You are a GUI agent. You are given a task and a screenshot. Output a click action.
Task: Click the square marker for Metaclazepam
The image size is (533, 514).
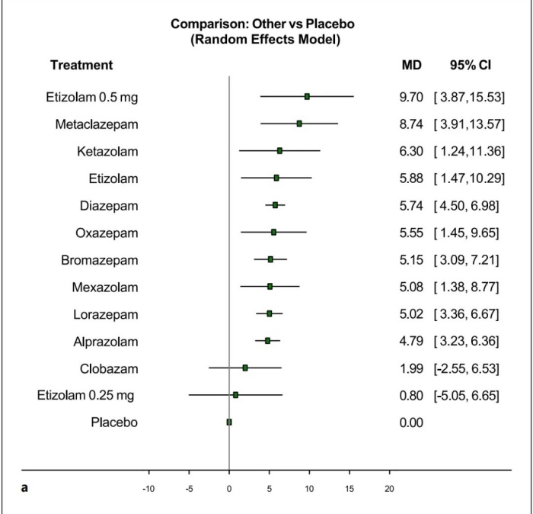click(299, 124)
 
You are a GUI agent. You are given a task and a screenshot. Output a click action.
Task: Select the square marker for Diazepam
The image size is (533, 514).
click(275, 205)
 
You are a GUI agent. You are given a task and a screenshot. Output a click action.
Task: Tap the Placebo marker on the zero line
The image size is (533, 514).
click(228, 422)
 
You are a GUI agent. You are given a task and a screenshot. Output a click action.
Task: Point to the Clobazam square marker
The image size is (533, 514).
click(245, 368)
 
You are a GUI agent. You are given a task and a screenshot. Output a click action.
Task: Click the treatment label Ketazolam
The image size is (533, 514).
click(107, 151)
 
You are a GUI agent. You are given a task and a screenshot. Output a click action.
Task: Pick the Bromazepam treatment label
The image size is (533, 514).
click(100, 259)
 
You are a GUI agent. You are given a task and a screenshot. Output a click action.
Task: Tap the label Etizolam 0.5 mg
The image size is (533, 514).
click(91, 97)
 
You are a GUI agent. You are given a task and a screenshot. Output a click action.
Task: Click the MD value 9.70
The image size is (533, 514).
click(411, 97)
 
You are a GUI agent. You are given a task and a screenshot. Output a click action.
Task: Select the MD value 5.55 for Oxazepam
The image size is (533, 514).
click(411, 232)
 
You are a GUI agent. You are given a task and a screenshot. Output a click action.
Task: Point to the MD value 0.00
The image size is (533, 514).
click(411, 422)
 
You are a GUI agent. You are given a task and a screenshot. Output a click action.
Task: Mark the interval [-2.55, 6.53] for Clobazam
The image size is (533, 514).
click(466, 368)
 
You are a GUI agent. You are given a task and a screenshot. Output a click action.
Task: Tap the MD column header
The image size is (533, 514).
click(411, 66)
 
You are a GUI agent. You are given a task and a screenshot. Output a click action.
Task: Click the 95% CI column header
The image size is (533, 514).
click(470, 66)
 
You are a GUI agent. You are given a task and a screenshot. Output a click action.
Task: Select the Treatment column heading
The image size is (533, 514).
click(81, 66)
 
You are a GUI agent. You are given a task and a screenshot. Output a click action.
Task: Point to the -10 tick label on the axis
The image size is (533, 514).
click(148, 489)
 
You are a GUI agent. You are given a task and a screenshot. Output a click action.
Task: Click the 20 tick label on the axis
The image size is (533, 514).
click(390, 489)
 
